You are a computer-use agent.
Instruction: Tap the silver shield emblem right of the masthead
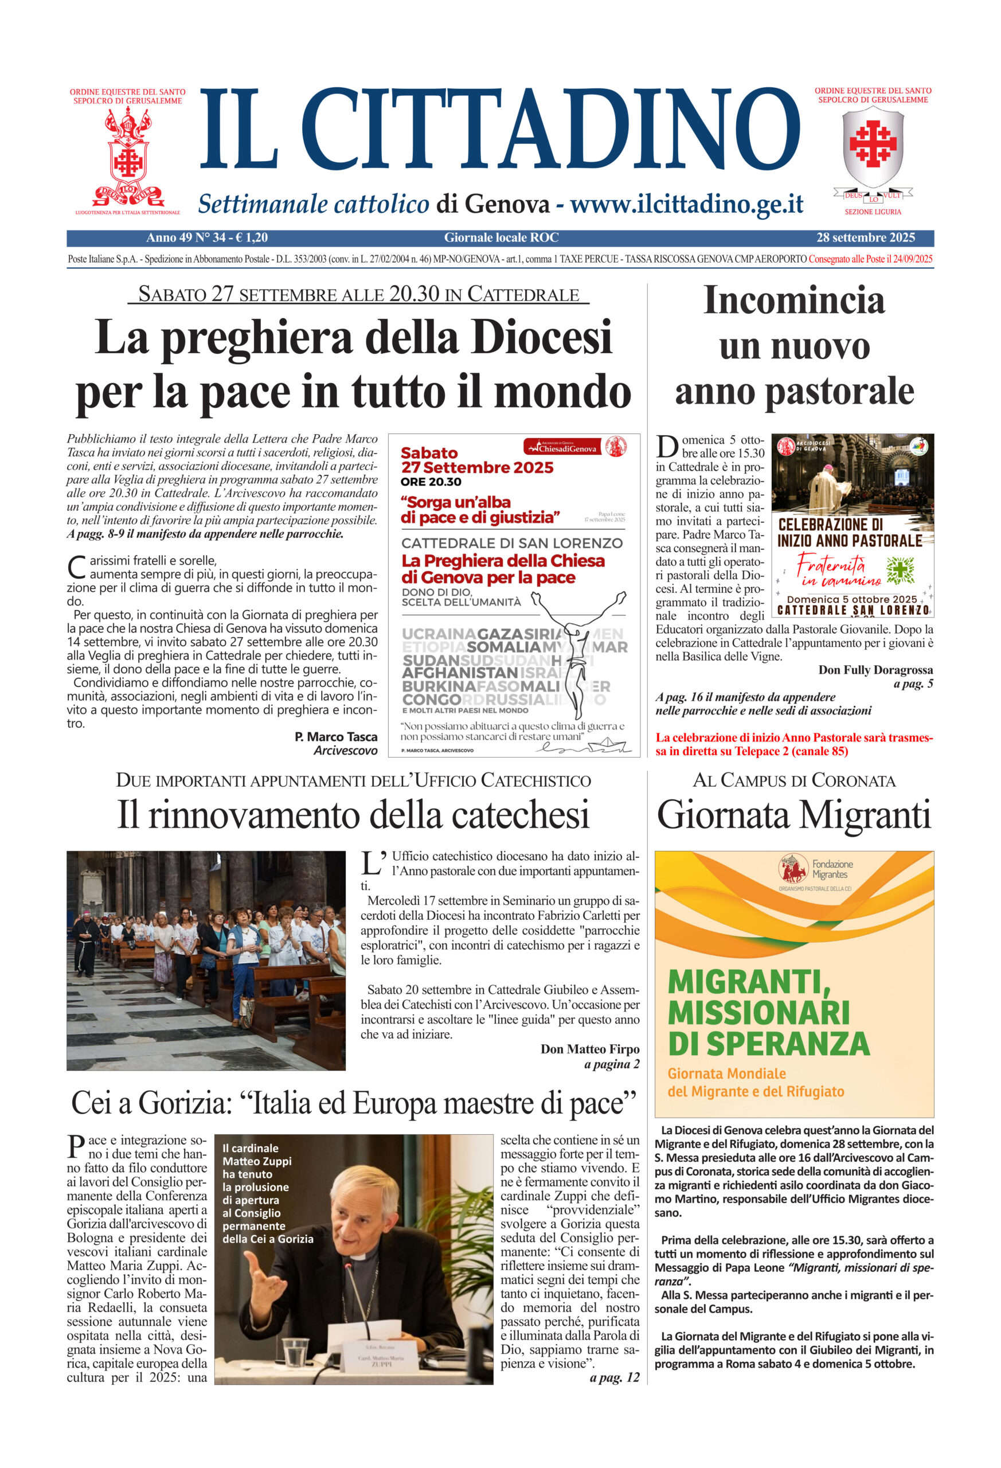(x=873, y=147)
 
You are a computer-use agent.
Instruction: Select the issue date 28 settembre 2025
(x=865, y=237)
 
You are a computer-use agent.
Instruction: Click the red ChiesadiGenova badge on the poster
(x=561, y=447)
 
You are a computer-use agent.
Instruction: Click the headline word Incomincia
(x=794, y=300)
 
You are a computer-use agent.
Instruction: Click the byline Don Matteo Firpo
(x=589, y=1049)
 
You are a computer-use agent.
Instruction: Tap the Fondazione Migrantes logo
(x=795, y=869)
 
